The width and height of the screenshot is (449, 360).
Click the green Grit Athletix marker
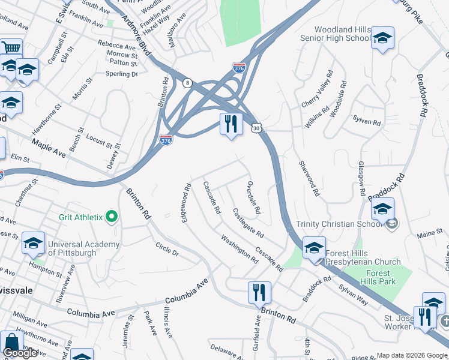(111, 217)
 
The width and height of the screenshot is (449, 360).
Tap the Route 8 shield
(188, 83)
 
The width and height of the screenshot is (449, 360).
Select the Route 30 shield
(257, 128)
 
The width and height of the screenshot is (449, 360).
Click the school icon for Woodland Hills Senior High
(382, 38)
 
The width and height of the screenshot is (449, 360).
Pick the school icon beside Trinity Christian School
(382, 209)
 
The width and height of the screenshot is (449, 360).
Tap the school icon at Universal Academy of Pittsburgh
(34, 244)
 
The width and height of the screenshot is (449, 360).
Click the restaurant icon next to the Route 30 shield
(231, 124)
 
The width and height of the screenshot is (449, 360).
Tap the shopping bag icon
(11, 343)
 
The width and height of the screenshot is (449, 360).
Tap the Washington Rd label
(239, 249)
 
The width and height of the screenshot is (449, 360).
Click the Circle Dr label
(167, 249)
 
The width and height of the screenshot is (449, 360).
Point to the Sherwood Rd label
(309, 179)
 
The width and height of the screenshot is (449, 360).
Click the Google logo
(20, 353)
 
